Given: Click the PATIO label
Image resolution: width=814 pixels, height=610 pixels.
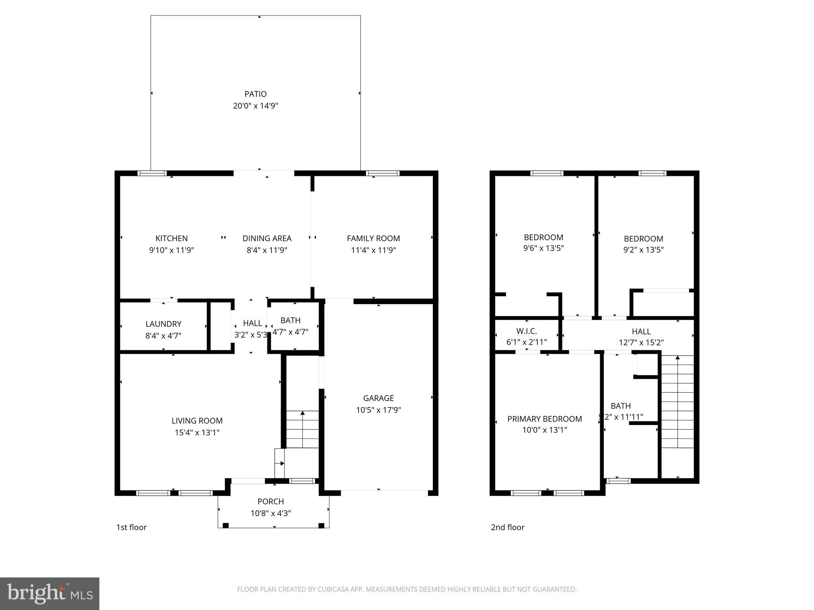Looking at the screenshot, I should [x=255, y=94].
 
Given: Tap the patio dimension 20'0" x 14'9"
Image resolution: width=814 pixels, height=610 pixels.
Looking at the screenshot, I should [x=255, y=106].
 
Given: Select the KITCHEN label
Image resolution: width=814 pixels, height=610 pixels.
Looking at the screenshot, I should [x=171, y=238].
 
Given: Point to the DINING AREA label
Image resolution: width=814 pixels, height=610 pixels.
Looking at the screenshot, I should [x=267, y=238].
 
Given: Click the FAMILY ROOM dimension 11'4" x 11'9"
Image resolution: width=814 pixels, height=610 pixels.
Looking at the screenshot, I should [x=373, y=250].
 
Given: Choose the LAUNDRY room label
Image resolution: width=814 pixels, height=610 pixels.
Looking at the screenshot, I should [x=163, y=324].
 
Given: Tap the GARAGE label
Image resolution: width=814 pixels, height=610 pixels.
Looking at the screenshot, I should [x=378, y=398].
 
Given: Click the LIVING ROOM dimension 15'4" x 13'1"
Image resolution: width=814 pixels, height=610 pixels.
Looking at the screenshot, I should [x=197, y=432].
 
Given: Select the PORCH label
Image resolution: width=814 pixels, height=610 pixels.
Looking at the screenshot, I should [x=271, y=502].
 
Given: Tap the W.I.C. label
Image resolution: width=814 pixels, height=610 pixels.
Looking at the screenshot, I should [x=526, y=331].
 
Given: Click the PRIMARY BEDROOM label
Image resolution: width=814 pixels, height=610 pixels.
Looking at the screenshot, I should [x=545, y=419].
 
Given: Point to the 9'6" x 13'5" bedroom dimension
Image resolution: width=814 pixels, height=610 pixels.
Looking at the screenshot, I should [x=543, y=248].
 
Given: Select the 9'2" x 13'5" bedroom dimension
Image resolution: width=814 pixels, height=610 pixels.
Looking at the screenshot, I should [x=643, y=250].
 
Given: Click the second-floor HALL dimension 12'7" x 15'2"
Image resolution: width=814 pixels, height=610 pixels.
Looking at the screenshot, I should [x=641, y=342].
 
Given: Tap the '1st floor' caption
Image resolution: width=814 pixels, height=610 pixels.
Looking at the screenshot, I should [x=131, y=527].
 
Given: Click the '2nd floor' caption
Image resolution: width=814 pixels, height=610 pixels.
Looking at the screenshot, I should [x=508, y=527].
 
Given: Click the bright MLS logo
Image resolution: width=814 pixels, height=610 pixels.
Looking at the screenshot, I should [x=49, y=593].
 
